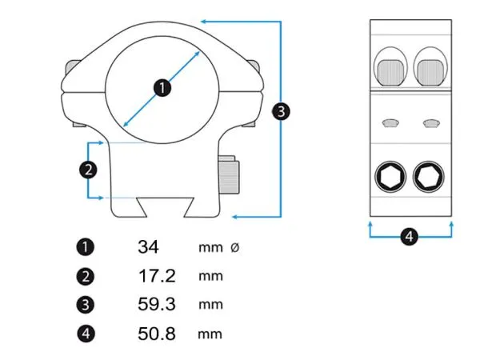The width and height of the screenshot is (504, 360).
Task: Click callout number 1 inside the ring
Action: (x=162, y=87)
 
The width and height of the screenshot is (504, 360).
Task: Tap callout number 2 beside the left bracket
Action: (x=88, y=169)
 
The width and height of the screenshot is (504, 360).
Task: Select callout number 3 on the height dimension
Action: (x=280, y=111)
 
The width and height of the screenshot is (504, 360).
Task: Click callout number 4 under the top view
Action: (x=409, y=237)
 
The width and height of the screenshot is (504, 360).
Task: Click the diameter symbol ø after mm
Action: (x=234, y=248)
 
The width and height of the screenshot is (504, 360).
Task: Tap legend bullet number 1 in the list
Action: (x=86, y=248)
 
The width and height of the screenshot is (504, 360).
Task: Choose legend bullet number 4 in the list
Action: (x=86, y=334)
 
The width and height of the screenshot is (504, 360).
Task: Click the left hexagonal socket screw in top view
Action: (x=390, y=176)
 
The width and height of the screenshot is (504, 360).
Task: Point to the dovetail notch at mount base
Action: (x=162, y=206)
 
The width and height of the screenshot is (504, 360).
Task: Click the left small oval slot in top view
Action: (x=390, y=122)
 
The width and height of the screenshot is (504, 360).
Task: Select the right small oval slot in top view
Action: (x=431, y=122)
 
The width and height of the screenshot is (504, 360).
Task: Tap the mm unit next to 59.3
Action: (x=210, y=305)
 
